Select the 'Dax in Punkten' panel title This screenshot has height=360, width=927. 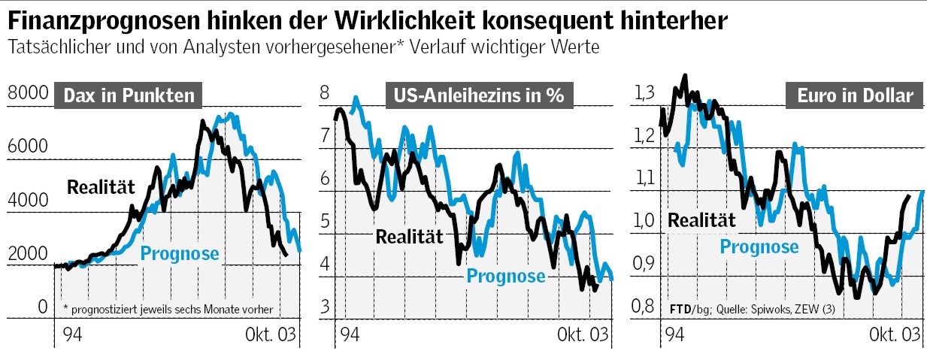click(x=129, y=96)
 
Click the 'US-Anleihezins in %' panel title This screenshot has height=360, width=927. click(x=478, y=96)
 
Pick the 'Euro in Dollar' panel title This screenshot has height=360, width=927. click(x=855, y=96)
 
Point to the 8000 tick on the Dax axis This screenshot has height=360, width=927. click(x=27, y=94)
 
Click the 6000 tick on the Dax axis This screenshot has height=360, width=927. click(x=27, y=147)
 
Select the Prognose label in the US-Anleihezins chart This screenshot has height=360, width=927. click(x=506, y=276)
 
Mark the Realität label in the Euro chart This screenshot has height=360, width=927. click(x=701, y=220)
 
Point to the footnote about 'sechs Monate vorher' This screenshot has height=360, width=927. click(x=168, y=309)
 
